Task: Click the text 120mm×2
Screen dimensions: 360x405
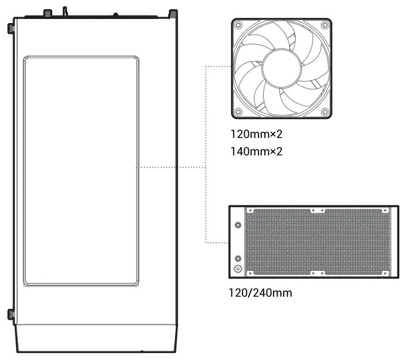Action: pyautogui.click(x=256, y=135)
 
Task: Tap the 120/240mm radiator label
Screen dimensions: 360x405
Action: pyautogui.click(x=260, y=293)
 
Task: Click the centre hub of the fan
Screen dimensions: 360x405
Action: pyautogui.click(x=281, y=68)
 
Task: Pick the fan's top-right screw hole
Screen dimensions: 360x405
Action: pyautogui.click(x=326, y=25)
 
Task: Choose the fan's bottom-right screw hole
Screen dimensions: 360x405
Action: pyautogui.click(x=326, y=112)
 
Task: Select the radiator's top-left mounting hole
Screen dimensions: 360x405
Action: pyautogui.click(x=250, y=210)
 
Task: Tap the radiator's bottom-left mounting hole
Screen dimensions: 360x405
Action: pyautogui.click(x=250, y=271)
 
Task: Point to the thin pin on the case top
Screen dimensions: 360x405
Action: pyautogui.click(x=65, y=11)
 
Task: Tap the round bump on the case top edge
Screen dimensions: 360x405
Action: pyautogui.click(x=117, y=14)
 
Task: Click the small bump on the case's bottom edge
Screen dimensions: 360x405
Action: pyautogui.click(x=141, y=352)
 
